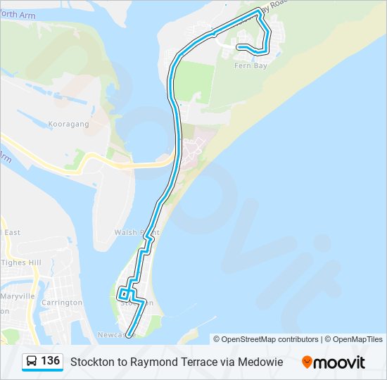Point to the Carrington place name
point(62,303)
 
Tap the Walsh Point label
point(137,232)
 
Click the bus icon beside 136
point(32,362)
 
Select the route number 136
point(50,361)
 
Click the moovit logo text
point(339,362)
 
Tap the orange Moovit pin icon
point(307,362)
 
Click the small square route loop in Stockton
point(125,293)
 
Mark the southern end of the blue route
point(128,334)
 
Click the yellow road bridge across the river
point(141,165)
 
